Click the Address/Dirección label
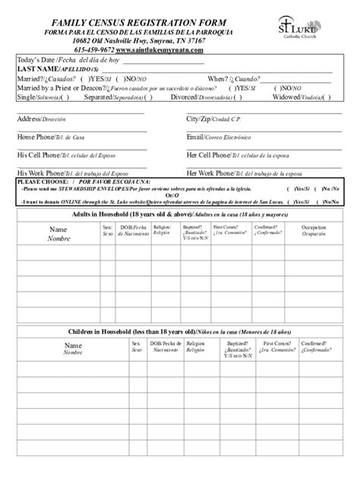pyautogui.click(x=36, y=119)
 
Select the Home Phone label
pyautogui.click(x=38, y=137)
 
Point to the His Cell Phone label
pyautogui.click(x=42, y=154)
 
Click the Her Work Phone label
pyautogui.click(x=215, y=173)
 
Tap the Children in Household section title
pyautogui.click(x=179, y=332)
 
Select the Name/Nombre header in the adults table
pyautogui.click(x=58, y=233)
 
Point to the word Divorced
pyautogui.click(x=187, y=97)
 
